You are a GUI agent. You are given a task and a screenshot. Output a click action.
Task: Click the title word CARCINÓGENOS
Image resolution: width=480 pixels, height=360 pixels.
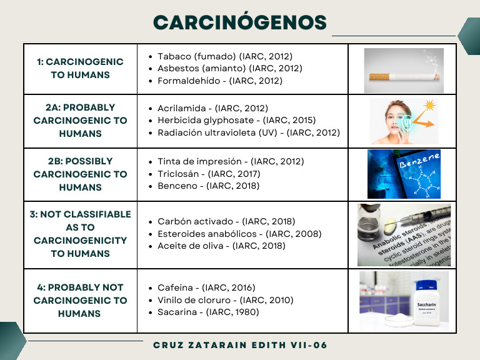[x=240, y=22]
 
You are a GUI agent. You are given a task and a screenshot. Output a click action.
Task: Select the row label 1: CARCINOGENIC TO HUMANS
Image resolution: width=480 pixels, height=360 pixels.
[x=80, y=68]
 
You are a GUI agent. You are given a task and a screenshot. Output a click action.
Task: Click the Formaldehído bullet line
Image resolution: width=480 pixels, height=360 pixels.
[x=219, y=81]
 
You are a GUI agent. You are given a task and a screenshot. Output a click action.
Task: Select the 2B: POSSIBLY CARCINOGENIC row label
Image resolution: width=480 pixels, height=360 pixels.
[x=80, y=174]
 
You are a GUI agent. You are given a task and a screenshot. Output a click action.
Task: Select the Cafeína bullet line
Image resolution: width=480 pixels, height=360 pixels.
[x=206, y=287]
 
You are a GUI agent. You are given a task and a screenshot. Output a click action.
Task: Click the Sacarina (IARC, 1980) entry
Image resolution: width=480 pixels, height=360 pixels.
[x=208, y=312]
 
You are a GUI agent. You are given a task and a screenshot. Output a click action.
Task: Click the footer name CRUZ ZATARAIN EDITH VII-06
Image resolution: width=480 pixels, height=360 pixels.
[x=240, y=345]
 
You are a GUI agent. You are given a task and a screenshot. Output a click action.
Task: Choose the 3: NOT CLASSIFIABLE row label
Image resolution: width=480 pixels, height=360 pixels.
[x=80, y=234]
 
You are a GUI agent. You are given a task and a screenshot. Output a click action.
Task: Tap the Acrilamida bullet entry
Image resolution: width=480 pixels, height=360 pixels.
[x=212, y=108]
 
